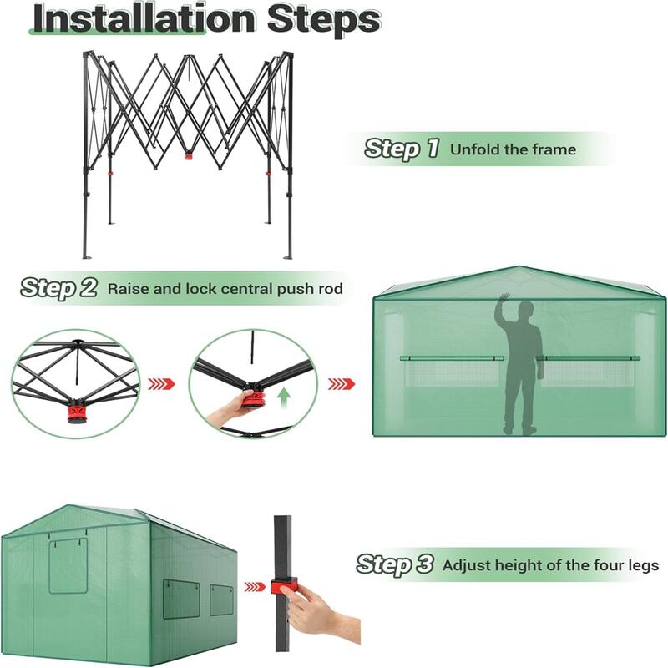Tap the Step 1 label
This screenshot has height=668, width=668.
pyautogui.click(x=402, y=149)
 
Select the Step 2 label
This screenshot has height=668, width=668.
pyautogui.click(x=58, y=288)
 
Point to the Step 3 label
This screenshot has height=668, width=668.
pyautogui.click(x=395, y=564)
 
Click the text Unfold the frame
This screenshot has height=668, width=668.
pyautogui.click(x=513, y=150)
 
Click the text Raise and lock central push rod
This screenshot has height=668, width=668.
pyautogui.click(x=225, y=289)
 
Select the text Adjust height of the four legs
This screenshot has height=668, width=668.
pyautogui.click(x=550, y=565)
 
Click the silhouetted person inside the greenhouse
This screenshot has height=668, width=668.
pyautogui.click(x=521, y=367)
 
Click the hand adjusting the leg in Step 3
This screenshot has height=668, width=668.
pyautogui.click(x=317, y=614)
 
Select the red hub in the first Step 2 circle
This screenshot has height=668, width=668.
pyautogui.click(x=76, y=412)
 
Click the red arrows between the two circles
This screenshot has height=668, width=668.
pyautogui.click(x=161, y=384)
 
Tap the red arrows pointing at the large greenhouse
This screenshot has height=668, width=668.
pyautogui.click(x=342, y=384)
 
